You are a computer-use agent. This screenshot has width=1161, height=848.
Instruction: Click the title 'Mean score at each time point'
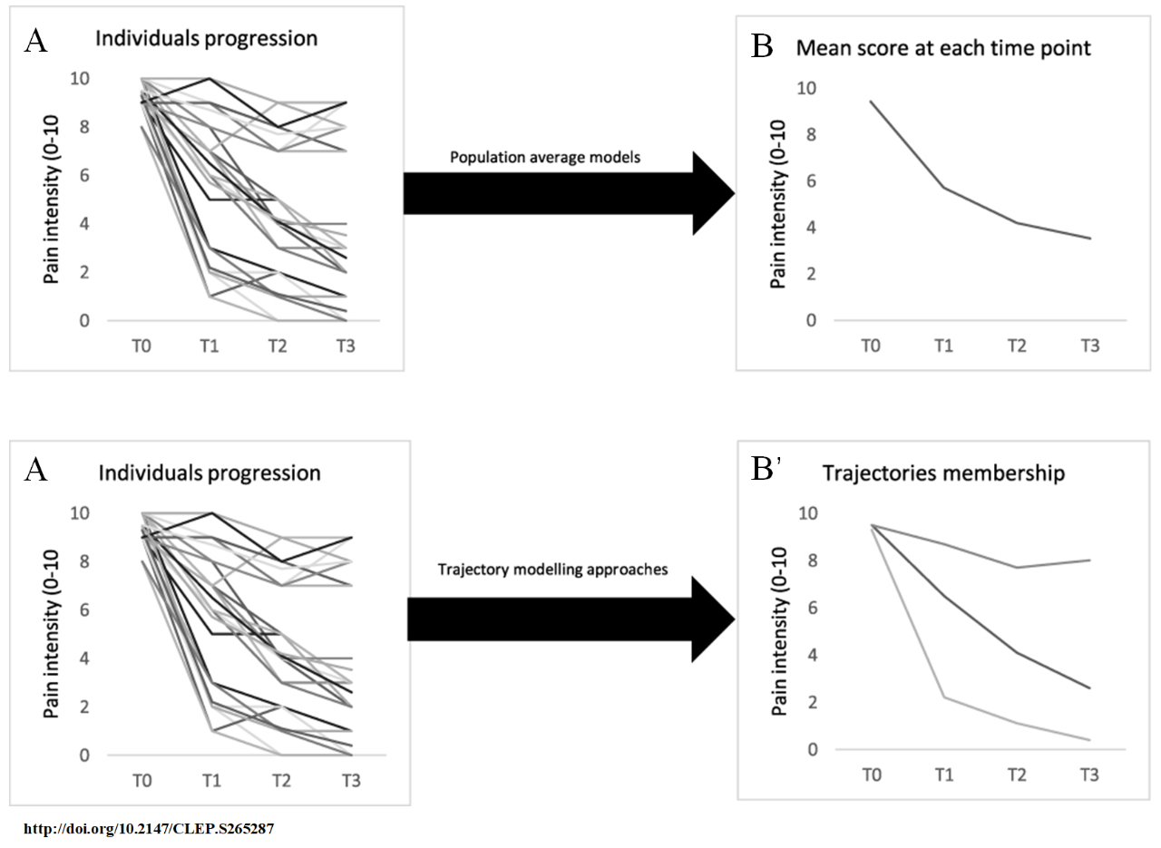pos(943,48)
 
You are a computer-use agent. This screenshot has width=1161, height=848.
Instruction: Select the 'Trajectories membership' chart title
pos(943,473)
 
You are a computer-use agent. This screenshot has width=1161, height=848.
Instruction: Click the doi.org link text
pos(148,829)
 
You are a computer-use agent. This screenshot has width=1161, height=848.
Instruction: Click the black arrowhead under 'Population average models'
pos(712,193)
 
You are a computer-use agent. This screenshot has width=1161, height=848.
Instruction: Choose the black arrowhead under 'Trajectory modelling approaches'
pos(712,621)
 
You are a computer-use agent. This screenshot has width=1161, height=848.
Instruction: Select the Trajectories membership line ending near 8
pos(1016,567)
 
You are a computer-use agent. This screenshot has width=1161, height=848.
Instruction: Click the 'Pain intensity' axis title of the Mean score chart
pos(778,206)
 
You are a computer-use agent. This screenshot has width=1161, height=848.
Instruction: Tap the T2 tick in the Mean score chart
pos(1018,345)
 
